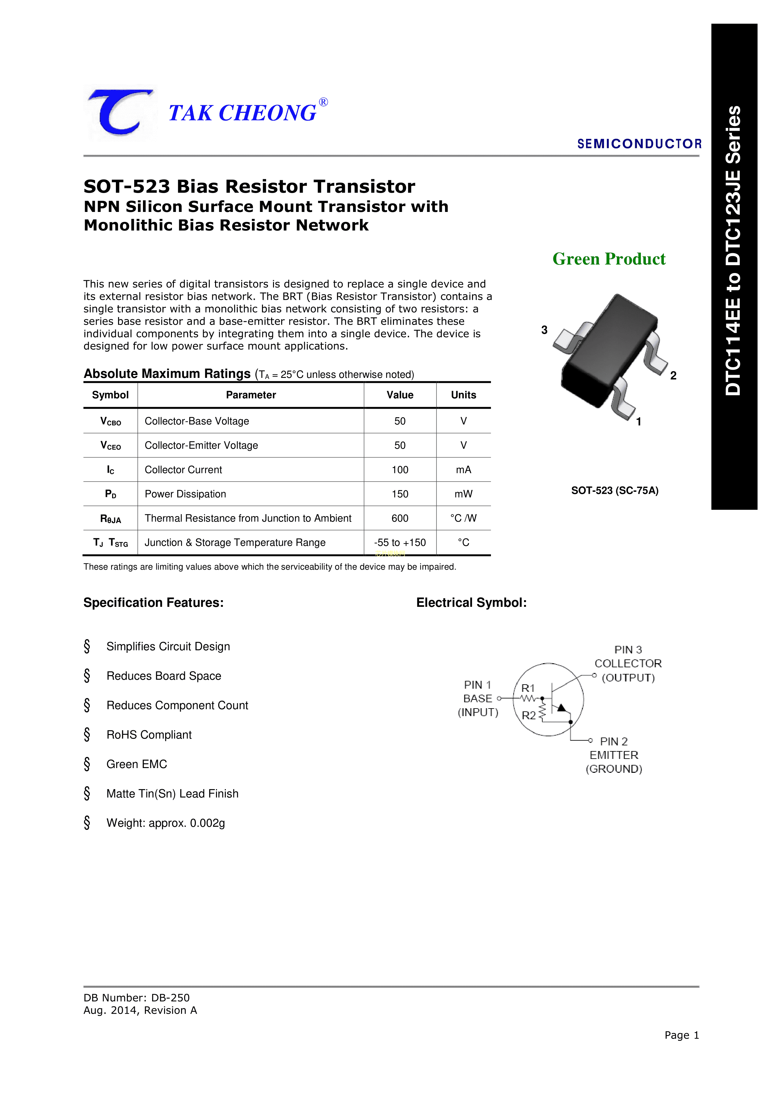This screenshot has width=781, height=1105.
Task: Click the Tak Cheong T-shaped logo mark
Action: (120, 113)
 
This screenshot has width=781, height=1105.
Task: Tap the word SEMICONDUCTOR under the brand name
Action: (639, 144)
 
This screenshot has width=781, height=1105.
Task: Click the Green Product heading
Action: (609, 259)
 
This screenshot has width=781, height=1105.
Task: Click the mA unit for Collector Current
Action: (463, 470)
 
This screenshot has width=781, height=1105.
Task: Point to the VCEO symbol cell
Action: (110, 446)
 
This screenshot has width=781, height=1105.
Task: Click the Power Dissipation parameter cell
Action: (185, 494)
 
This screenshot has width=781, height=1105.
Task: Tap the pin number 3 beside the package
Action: (544, 330)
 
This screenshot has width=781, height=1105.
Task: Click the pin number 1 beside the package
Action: (639, 422)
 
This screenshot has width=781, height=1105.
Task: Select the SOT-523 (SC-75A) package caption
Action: (614, 490)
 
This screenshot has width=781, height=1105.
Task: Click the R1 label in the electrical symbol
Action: (528, 688)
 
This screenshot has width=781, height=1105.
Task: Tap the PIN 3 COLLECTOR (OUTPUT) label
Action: (628, 664)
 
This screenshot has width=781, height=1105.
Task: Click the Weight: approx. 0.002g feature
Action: (166, 823)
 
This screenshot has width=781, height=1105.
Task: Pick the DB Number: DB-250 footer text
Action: (137, 998)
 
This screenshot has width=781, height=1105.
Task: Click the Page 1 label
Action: (681, 1035)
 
